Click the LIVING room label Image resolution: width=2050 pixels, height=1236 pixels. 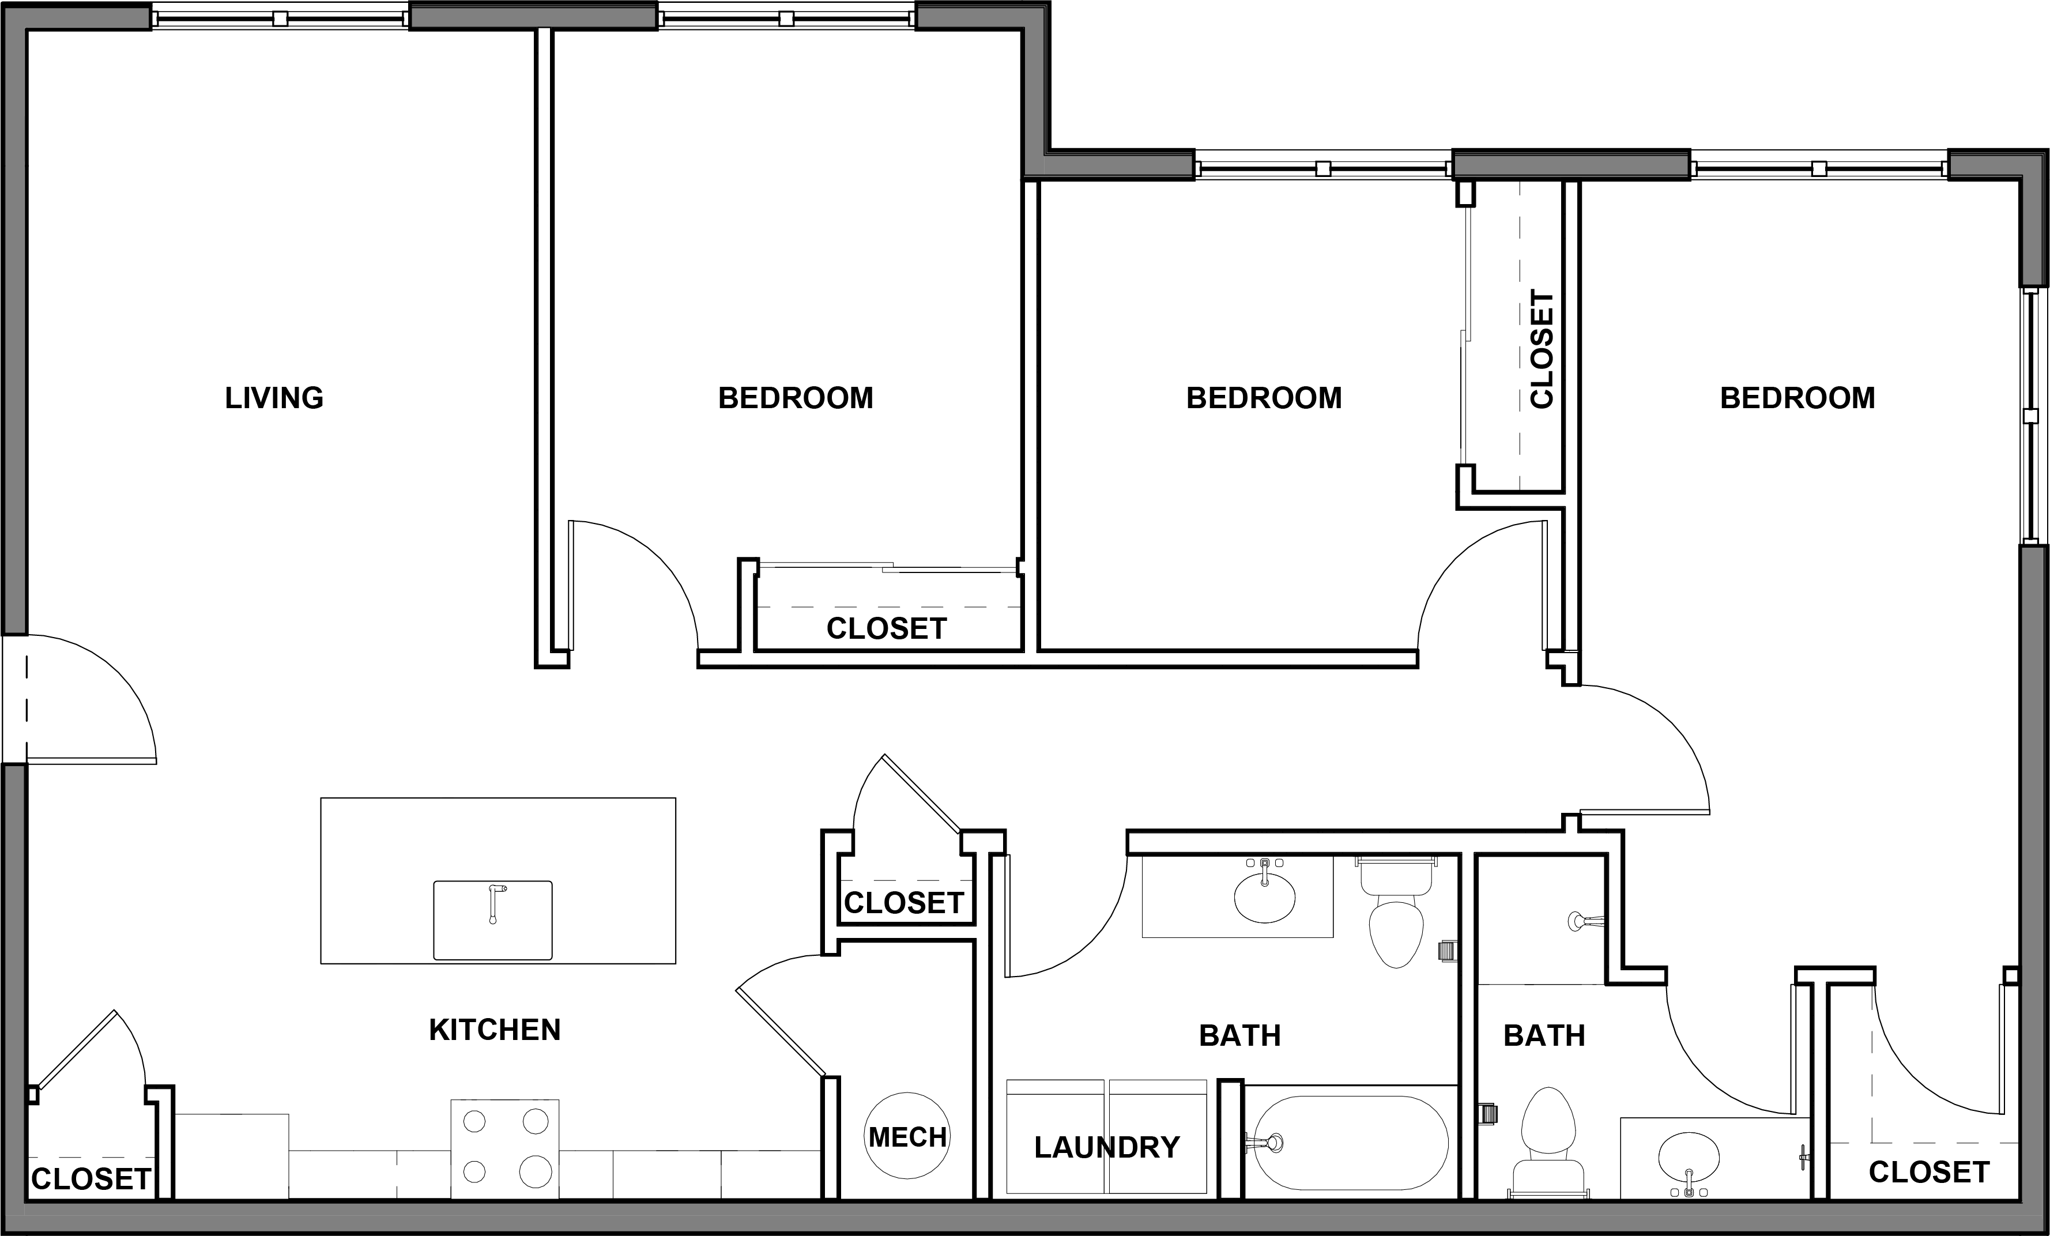pos(274,398)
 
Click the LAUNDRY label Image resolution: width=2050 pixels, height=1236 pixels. pos(1106,1147)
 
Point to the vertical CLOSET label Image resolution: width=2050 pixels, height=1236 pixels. pos(1541,349)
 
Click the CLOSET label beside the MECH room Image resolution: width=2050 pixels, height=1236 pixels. pos(903,902)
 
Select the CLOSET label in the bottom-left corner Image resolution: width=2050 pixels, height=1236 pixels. pos(91,1178)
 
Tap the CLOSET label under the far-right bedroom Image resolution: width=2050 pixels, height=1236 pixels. pos(1928,1172)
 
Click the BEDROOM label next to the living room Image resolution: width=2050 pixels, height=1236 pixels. pos(796,398)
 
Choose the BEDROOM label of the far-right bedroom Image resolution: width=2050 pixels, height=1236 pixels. pos(1797,398)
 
